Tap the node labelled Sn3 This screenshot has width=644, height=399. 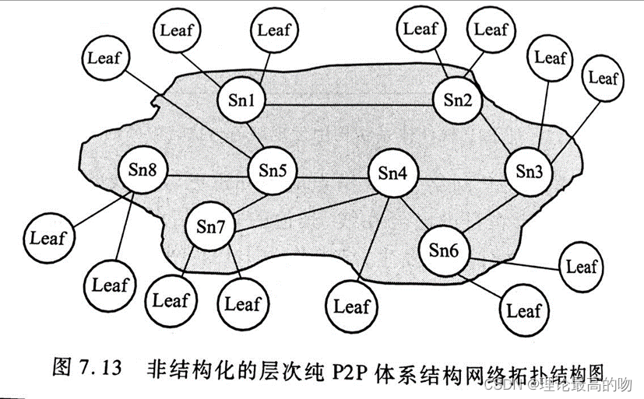click(x=530, y=170)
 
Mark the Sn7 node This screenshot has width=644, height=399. click(x=210, y=228)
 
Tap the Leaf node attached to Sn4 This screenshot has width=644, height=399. click(x=351, y=306)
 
